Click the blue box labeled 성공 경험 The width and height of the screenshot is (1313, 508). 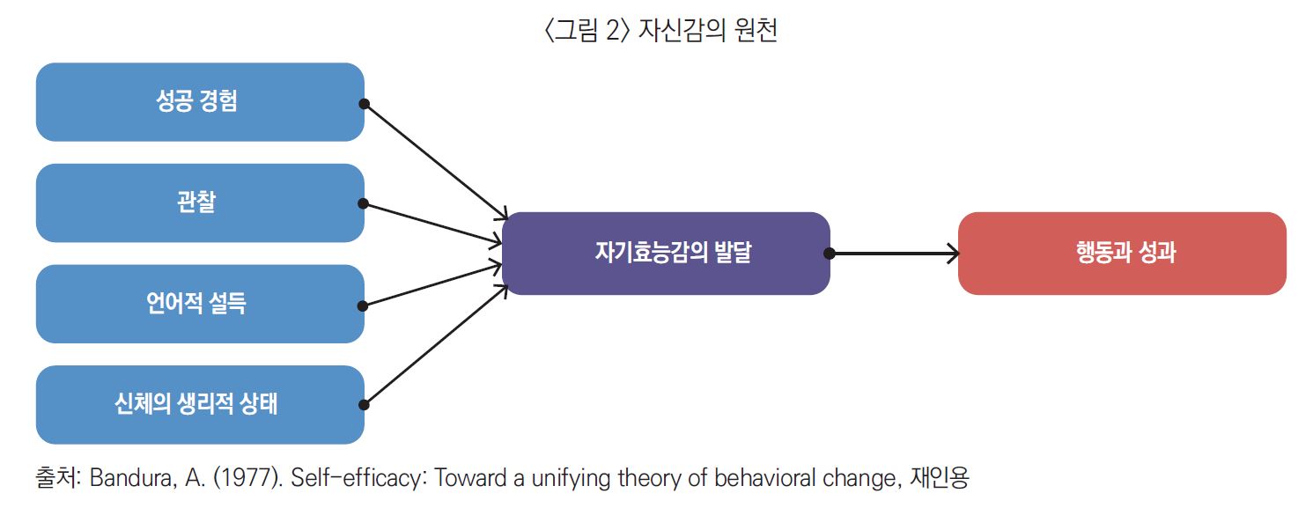[x=200, y=102]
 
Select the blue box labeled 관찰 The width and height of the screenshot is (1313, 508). [x=200, y=202]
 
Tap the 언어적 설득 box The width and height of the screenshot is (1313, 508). [x=200, y=304]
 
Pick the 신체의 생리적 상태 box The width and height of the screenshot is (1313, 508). [x=200, y=405]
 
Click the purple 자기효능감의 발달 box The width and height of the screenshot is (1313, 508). [x=666, y=254]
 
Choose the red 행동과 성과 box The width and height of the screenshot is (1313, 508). [x=1122, y=254]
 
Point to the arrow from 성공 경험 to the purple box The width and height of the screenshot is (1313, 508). [x=436, y=161]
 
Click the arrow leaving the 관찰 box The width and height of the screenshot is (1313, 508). [x=432, y=223]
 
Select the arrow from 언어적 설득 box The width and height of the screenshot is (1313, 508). [x=432, y=285]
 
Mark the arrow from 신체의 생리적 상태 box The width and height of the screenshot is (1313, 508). [x=436, y=345]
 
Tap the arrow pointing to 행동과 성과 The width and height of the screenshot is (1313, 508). [x=894, y=254]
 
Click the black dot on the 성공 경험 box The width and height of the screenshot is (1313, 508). [x=364, y=104]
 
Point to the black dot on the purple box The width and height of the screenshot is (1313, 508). [x=830, y=254]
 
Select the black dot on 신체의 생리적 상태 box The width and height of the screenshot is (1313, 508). [x=364, y=405]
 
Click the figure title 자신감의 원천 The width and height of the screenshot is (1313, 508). [x=707, y=29]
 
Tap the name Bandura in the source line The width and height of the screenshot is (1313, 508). [x=133, y=479]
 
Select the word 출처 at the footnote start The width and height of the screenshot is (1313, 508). [x=58, y=478]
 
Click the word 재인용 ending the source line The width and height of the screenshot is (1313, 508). [x=940, y=478]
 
